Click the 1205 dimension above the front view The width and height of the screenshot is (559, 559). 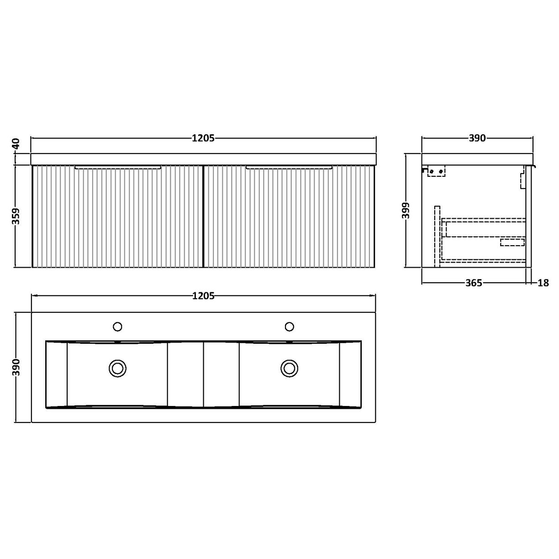tap(203, 137)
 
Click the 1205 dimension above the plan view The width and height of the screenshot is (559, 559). tap(203, 296)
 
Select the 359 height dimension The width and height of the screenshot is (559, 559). tap(16, 216)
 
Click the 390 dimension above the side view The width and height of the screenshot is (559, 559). tap(477, 137)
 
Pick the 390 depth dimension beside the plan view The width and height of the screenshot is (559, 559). tap(16, 367)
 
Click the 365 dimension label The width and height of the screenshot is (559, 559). tap(474, 283)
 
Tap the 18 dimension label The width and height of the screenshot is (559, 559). tap(543, 283)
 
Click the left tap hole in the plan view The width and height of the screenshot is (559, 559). tap(117, 326)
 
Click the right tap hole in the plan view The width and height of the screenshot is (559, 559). tap(289, 326)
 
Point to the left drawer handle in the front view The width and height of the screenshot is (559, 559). tap(118, 168)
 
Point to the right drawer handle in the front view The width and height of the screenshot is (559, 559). tap(289, 168)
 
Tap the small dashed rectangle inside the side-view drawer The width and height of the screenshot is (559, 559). tap(512, 242)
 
